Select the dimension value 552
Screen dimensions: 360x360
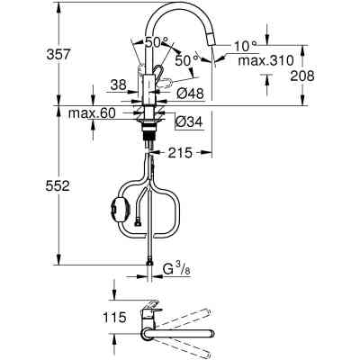click(19, 184)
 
